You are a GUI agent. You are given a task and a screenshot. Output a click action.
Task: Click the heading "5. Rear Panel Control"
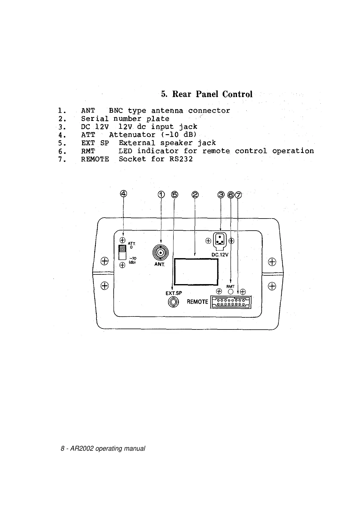[206, 94]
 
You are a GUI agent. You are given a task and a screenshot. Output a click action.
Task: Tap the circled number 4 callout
[123, 193]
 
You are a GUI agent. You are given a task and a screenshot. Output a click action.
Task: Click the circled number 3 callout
[221, 195]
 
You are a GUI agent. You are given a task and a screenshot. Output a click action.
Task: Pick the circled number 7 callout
[238, 195]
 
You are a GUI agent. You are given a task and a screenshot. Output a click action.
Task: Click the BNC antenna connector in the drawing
[161, 252]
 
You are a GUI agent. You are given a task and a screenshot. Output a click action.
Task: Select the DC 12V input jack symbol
[220, 241]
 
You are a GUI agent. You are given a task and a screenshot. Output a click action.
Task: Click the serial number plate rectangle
[196, 271]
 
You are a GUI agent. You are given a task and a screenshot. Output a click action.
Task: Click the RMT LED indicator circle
[231, 292]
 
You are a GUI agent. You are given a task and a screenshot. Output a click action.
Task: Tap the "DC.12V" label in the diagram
[220, 255]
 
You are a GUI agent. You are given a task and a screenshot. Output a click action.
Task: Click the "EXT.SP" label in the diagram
[174, 293]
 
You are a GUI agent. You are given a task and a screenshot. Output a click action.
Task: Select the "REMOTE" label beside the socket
[197, 302]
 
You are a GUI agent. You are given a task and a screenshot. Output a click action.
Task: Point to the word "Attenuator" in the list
[132, 135]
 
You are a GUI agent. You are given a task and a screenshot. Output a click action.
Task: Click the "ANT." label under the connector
[159, 264]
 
